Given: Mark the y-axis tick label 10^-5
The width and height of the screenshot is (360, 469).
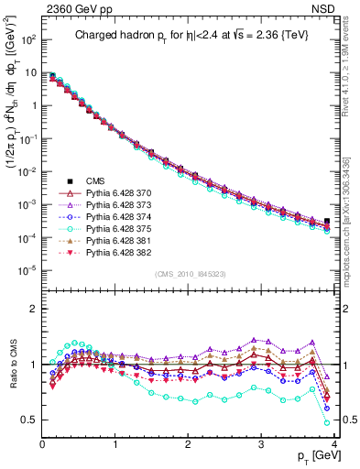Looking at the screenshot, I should pyautogui.click(x=27, y=269).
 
